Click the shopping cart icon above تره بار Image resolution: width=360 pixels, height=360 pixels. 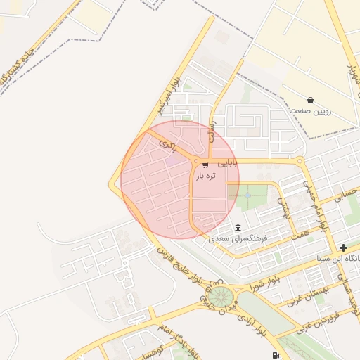coord(205,165)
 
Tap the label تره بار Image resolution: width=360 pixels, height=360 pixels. coord(209,176)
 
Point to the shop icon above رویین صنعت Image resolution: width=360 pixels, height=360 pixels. coord(310,100)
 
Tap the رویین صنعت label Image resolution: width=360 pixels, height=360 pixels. coord(310,111)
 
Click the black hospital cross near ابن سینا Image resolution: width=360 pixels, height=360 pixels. coord(342,247)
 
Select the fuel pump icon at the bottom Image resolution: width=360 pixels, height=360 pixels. coord(274,354)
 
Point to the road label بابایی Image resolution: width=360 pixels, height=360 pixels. coord(228,162)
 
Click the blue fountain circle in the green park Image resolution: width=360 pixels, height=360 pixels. coord(247,195)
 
